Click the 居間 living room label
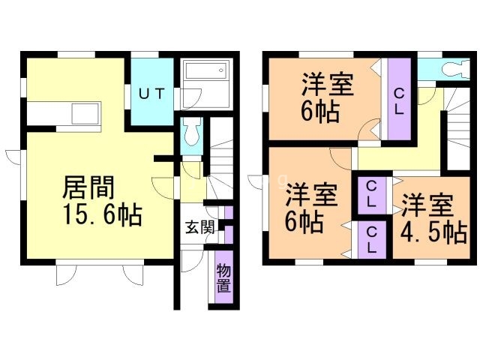click(82, 184)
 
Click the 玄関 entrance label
click(200, 226)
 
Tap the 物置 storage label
click(223, 279)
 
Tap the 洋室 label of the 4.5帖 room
click(426, 204)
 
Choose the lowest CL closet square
click(370, 240)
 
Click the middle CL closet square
click(370, 194)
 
